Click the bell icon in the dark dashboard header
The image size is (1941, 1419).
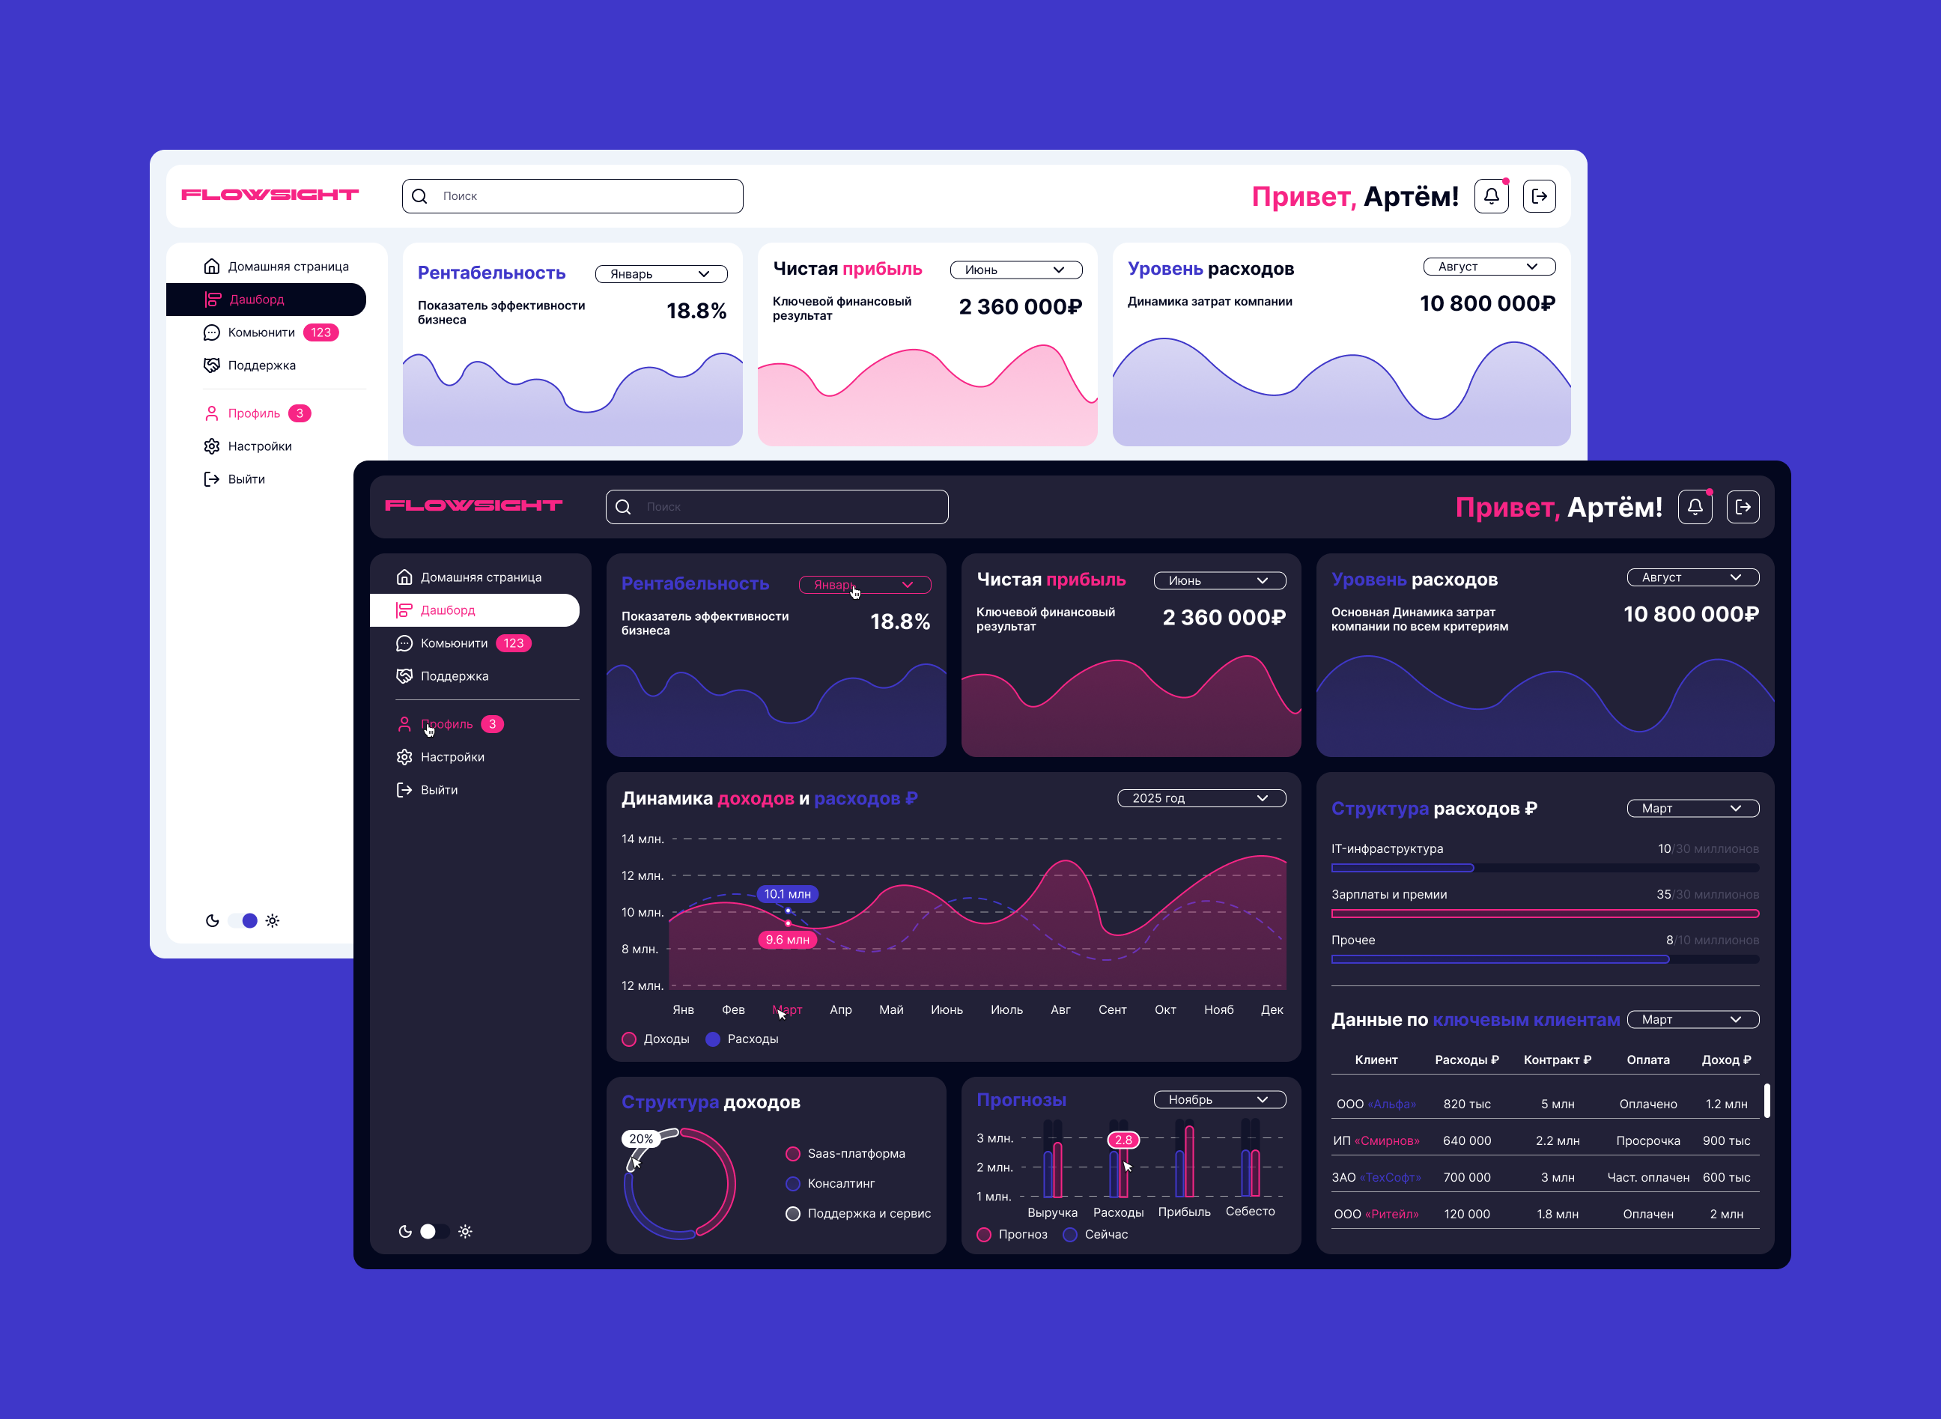1695,507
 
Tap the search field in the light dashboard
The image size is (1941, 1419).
573,196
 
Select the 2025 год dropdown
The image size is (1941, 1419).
1200,798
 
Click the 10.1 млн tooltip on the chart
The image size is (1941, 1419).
787,894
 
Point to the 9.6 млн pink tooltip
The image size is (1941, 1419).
787,940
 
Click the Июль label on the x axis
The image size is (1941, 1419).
1006,1009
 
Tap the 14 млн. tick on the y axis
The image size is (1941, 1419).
642,839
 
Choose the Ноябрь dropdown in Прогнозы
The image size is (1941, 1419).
1218,1099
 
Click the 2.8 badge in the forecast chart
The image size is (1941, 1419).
1123,1140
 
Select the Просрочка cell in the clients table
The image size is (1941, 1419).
1647,1140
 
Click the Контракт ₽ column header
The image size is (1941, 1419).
1556,1060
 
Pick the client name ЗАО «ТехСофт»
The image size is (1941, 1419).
1376,1178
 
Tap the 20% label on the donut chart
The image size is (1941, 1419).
641,1139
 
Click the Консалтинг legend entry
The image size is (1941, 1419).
840,1184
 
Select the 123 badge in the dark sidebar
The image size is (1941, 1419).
514,643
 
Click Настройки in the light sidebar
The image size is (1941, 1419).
259,446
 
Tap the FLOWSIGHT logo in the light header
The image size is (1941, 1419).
270,195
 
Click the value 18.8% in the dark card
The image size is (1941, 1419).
899,621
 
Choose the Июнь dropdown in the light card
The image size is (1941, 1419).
1015,270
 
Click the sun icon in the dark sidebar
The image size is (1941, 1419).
466,1232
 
